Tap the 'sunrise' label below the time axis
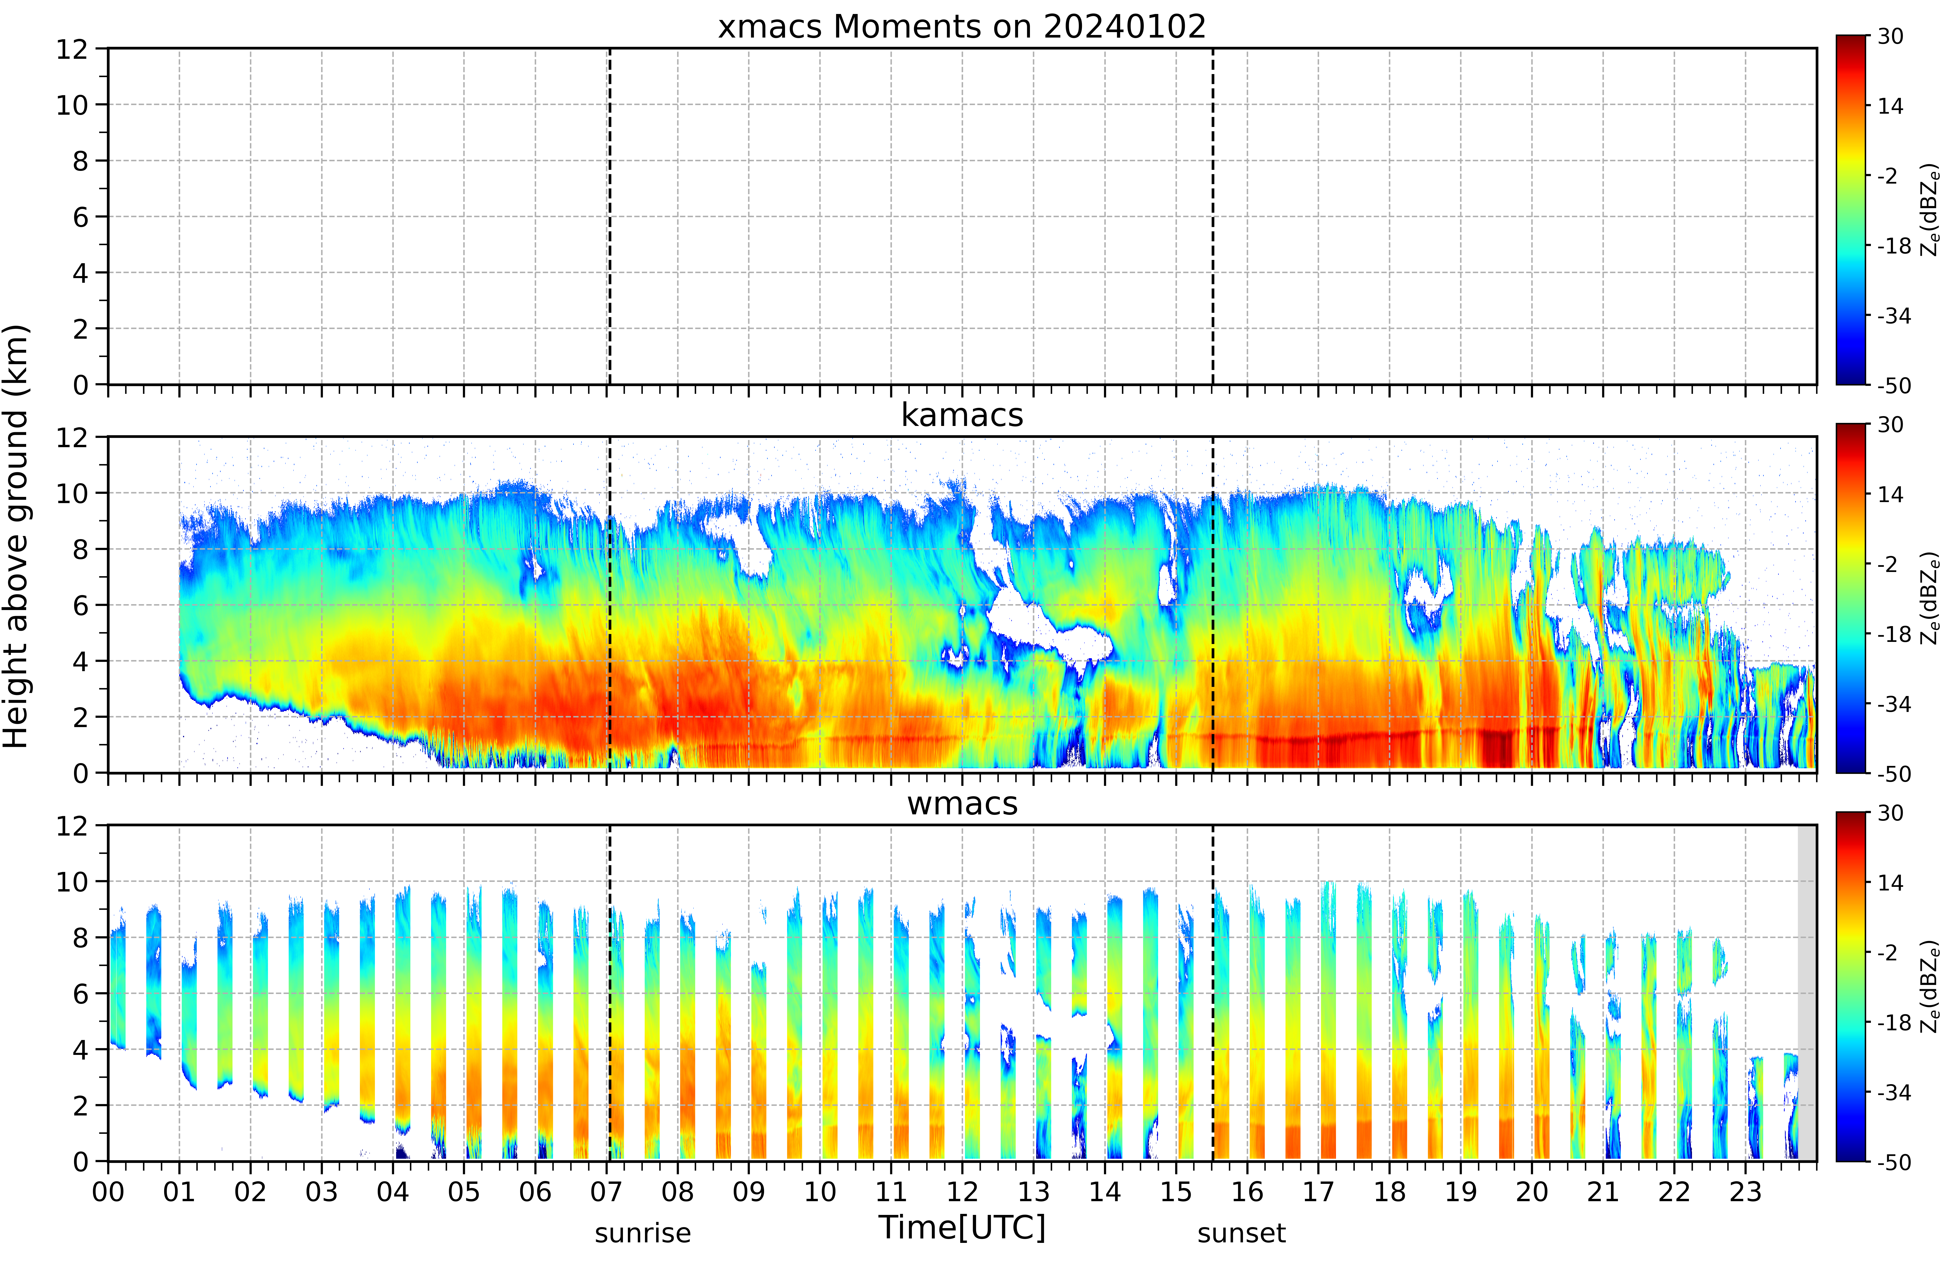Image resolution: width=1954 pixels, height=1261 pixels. coord(643,1233)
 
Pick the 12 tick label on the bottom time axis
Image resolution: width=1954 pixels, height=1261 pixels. coord(963,1191)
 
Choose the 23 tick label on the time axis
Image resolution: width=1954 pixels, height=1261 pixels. coord(1745,1191)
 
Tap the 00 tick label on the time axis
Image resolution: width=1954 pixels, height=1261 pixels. coord(108,1191)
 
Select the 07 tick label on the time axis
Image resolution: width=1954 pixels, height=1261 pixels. coord(607,1191)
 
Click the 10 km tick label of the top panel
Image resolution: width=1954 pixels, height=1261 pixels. coord(72,105)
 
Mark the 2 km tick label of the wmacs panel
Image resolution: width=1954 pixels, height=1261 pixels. coord(80,1105)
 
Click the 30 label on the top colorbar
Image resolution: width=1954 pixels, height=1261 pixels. coord(1890,36)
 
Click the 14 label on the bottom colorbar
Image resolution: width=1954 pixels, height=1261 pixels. coord(1890,883)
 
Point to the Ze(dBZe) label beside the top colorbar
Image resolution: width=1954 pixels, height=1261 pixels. coord(1930,211)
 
